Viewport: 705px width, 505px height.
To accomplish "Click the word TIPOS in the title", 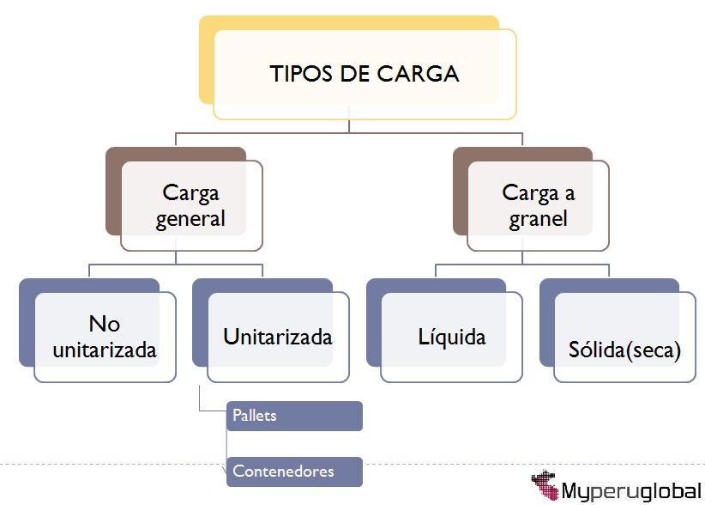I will click(301, 74).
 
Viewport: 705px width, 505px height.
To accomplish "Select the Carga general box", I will click(191, 205).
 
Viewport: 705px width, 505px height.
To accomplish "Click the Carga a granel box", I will click(539, 205).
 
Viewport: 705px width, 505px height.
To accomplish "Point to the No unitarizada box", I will click(105, 337).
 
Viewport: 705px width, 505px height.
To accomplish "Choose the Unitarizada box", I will click(278, 337).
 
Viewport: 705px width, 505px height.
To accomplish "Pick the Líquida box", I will click(451, 337).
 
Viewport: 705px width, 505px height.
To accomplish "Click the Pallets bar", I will click(294, 416).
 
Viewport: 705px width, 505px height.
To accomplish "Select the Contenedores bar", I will click(294, 472).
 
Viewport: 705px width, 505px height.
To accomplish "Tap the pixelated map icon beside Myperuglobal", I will click(546, 484).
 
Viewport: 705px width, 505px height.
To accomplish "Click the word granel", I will click(538, 218).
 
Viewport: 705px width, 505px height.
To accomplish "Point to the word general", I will click(190, 218).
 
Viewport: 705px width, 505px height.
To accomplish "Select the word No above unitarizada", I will click(104, 324).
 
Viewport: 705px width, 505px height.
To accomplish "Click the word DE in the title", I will click(355, 74).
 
